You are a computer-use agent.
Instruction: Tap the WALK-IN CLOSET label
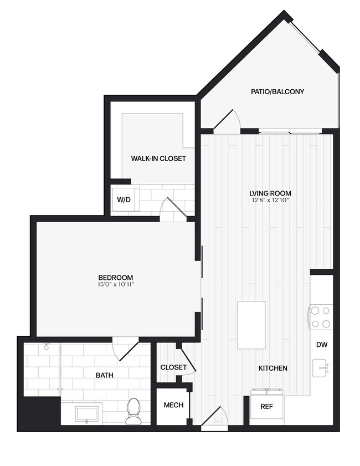pos(158,158)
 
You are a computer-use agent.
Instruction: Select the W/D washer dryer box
pos(124,199)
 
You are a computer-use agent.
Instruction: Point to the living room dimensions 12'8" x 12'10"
pos(270,200)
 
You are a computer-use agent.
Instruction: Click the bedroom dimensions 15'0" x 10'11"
pos(116,284)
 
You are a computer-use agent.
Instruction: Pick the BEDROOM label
pos(116,277)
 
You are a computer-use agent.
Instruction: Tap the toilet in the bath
pos(133,411)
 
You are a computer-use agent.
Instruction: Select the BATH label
pos(105,375)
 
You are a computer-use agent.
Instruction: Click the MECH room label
pos(173,405)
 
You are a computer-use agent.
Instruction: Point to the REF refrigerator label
pos(266,406)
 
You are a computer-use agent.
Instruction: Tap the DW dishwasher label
pos(322,345)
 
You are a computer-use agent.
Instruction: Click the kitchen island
pos(251,325)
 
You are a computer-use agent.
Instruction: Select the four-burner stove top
pos(321,317)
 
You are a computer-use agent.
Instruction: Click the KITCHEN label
pos(273,368)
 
